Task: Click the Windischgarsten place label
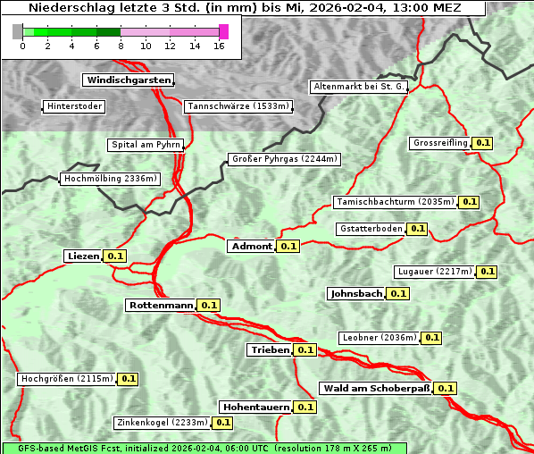coord(128,80)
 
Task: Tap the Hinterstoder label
coord(74,106)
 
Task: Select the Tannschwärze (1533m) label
coord(238,106)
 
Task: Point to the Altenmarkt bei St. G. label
coord(360,87)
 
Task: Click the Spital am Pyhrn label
coord(146,145)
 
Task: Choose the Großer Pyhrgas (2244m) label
coord(284,159)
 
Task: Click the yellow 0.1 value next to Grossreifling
coord(483,143)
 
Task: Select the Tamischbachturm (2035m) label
coord(395,202)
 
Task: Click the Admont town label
coord(252,246)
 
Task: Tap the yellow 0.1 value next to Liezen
coord(115,256)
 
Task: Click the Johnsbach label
coord(356,293)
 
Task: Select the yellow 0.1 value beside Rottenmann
coord(209,305)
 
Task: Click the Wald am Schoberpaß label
coord(375,388)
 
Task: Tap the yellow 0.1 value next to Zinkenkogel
coord(222,423)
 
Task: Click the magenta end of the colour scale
coord(223,31)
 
